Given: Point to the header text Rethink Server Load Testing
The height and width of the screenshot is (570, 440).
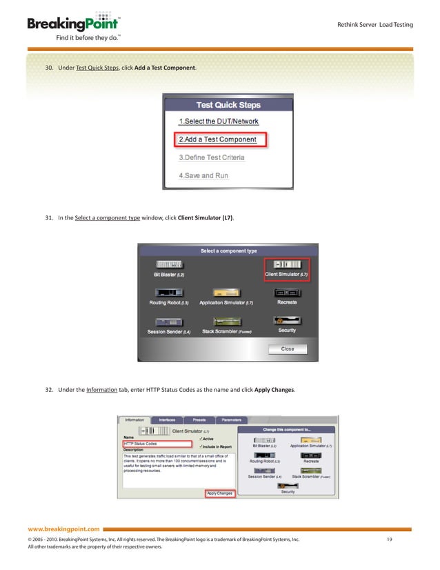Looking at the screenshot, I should pyautogui.click(x=374, y=25).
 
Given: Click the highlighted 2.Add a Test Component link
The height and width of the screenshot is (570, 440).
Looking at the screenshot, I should pyautogui.click(x=218, y=139).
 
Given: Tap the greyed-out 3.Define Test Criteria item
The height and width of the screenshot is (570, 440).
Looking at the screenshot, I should pyautogui.click(x=212, y=157).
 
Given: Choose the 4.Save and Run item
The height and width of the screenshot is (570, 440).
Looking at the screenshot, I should pyautogui.click(x=203, y=175).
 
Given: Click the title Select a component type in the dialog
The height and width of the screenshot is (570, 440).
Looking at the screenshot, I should pyautogui.click(x=228, y=251).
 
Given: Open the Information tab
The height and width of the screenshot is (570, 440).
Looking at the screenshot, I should pyautogui.click(x=134, y=420).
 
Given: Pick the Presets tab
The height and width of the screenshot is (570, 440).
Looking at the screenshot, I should pyautogui.click(x=199, y=420).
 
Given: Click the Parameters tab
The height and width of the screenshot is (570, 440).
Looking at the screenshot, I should pyautogui.click(x=232, y=420).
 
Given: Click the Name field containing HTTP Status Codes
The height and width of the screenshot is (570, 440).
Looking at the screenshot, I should pyautogui.click(x=157, y=444).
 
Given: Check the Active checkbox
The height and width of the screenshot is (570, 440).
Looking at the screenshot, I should pyautogui.click(x=200, y=439).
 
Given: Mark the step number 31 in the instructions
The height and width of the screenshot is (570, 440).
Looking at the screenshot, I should pyautogui.click(x=50, y=217).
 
